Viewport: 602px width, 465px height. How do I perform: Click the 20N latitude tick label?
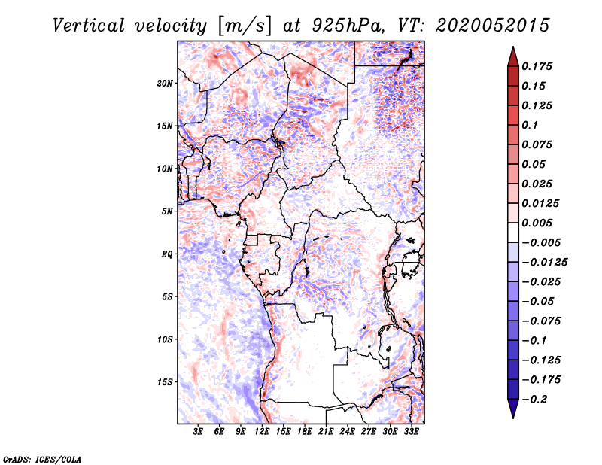(x=165, y=84)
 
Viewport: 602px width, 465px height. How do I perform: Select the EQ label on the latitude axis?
(x=167, y=254)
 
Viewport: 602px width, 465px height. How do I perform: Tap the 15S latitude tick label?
(x=165, y=382)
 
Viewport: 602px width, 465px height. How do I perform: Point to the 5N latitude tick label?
(x=167, y=211)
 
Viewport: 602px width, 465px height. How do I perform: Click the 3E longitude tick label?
(x=198, y=431)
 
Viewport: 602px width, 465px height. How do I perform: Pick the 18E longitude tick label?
(x=305, y=431)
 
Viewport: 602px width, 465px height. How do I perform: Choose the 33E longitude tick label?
(x=411, y=431)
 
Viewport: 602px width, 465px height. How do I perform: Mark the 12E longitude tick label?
(x=262, y=431)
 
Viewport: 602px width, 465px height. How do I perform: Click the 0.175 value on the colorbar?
(x=537, y=66)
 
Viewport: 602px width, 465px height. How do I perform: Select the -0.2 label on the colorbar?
(x=534, y=400)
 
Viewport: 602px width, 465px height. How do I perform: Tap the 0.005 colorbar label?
(x=537, y=223)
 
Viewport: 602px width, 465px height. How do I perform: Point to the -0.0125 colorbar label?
(x=544, y=263)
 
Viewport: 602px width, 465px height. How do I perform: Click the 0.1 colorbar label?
(x=530, y=125)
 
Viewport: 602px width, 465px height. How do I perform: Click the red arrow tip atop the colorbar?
(x=513, y=47)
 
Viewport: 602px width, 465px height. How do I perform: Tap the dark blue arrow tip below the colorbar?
(x=513, y=418)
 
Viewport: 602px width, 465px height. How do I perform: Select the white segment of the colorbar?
(x=513, y=232)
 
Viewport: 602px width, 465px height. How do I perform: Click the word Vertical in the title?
(x=89, y=26)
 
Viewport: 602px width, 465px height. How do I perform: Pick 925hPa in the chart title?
(x=347, y=26)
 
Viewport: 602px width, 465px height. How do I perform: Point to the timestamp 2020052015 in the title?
(x=493, y=26)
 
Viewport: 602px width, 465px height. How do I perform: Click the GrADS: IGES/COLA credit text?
(x=42, y=459)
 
